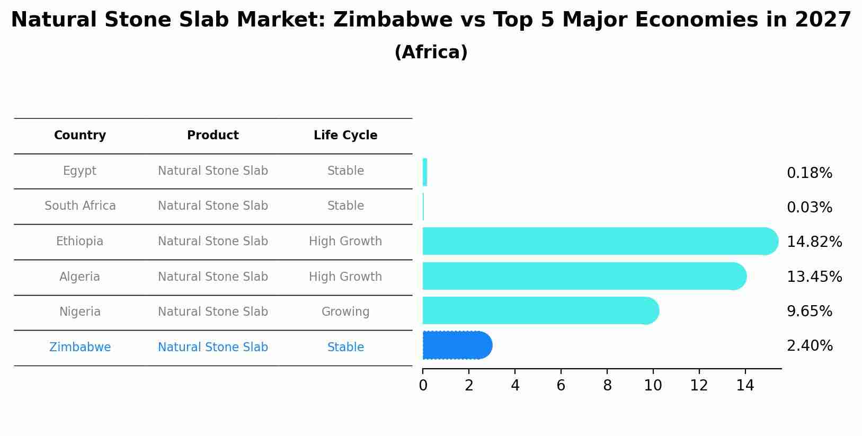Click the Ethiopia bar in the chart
[x=599, y=241]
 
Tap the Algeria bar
[x=583, y=276]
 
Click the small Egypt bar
[x=425, y=172]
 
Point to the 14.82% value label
[x=814, y=242]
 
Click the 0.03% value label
[x=809, y=208]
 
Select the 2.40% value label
[x=809, y=346]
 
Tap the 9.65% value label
[x=809, y=312]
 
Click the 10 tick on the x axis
[x=653, y=386]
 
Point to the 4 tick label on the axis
[x=514, y=386]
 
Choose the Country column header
[x=80, y=136]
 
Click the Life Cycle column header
[x=345, y=136]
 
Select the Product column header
[x=213, y=136]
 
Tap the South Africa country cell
[x=80, y=206]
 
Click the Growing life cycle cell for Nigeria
[x=345, y=312]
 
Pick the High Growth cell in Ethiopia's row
[x=345, y=241]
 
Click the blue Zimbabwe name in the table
[x=80, y=347]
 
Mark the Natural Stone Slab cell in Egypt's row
[x=213, y=171]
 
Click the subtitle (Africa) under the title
[x=431, y=52]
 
